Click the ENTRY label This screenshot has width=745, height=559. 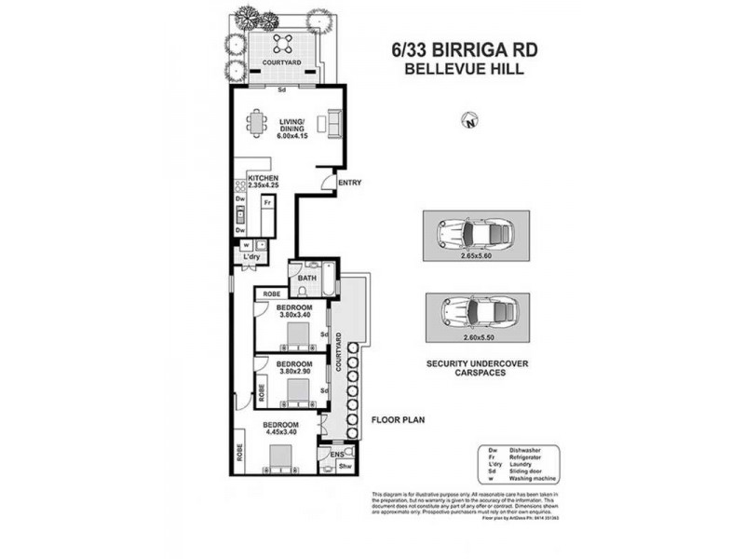(x=350, y=183)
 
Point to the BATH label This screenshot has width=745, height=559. (x=306, y=278)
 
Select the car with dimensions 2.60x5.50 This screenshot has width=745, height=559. (x=475, y=308)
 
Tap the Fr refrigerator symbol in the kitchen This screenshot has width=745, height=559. (x=267, y=201)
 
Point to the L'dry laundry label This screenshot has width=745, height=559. (x=249, y=256)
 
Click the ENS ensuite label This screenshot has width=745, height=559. (x=324, y=455)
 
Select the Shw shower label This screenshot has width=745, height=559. (x=343, y=467)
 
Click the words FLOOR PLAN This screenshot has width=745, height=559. (x=399, y=420)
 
